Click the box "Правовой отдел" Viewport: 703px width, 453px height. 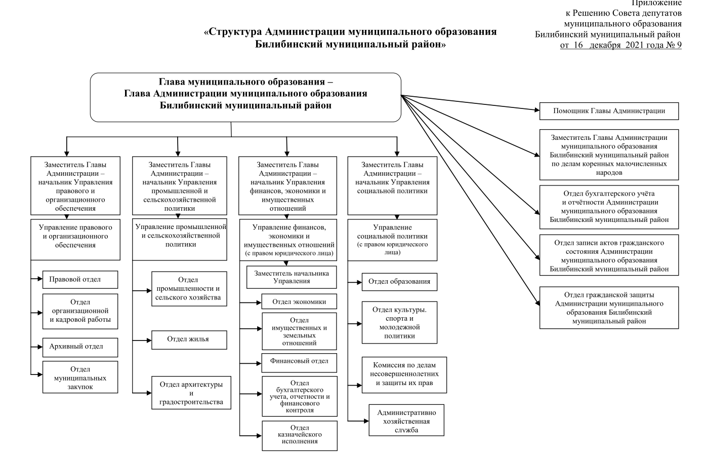pyautogui.click(x=80, y=279)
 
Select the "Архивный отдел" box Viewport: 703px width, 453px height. pyautogui.click(x=80, y=347)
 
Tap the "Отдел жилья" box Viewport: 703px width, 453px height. pyautogui.click(x=189, y=339)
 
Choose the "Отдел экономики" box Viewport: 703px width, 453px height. pyautogui.click(x=299, y=301)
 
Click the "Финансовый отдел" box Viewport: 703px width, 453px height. pyautogui.click(x=299, y=361)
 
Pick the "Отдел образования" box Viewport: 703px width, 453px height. pyautogui.click(x=399, y=282)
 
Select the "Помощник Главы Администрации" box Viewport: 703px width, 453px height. pyautogui.click(x=609, y=111)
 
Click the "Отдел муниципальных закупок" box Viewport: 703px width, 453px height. pyautogui.click(x=80, y=377)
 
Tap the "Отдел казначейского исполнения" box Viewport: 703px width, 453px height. pyautogui.click(x=299, y=435)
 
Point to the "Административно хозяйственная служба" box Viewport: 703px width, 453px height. pyautogui.click(x=406, y=420)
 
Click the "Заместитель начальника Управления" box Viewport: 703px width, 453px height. pyautogui.click(x=291, y=277)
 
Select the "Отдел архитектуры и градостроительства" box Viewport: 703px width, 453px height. pyautogui.click(x=191, y=393)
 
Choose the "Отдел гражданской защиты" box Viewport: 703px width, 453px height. pyautogui.click(x=609, y=308)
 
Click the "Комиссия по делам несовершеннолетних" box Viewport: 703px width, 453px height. pyautogui.click(x=404, y=374)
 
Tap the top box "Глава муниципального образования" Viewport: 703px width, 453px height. pyautogui.click(x=245, y=97)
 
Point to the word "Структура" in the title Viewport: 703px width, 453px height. pyautogui.click(x=235, y=32)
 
